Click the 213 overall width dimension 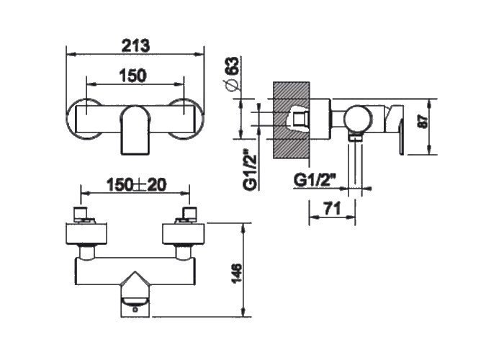[135, 45]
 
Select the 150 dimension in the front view [132, 76]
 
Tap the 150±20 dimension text [137, 185]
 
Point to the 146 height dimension [237, 274]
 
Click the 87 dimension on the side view [424, 122]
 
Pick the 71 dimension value [332, 210]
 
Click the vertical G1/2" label [251, 170]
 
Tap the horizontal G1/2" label [315, 180]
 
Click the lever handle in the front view [135, 130]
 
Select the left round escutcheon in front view [84, 119]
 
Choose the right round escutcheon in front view [186, 119]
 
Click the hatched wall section [292, 120]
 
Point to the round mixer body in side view [359, 119]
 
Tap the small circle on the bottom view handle [135, 310]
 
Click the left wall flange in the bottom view [86, 234]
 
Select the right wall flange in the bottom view [183, 234]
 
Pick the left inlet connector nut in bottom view [81, 213]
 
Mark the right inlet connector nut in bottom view [189, 213]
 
